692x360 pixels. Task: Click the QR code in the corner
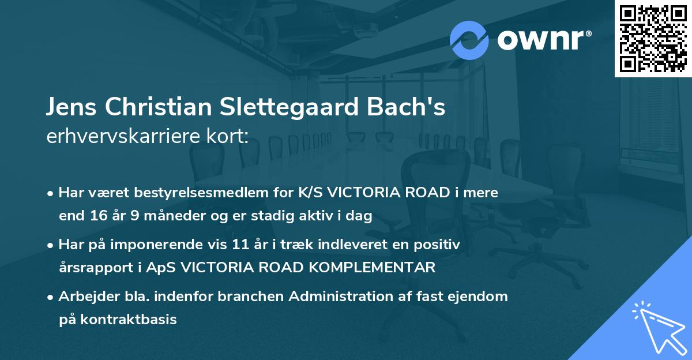click(653, 38)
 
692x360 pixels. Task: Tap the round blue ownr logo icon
click(469, 40)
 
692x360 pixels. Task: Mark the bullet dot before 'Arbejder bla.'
click(52, 297)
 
